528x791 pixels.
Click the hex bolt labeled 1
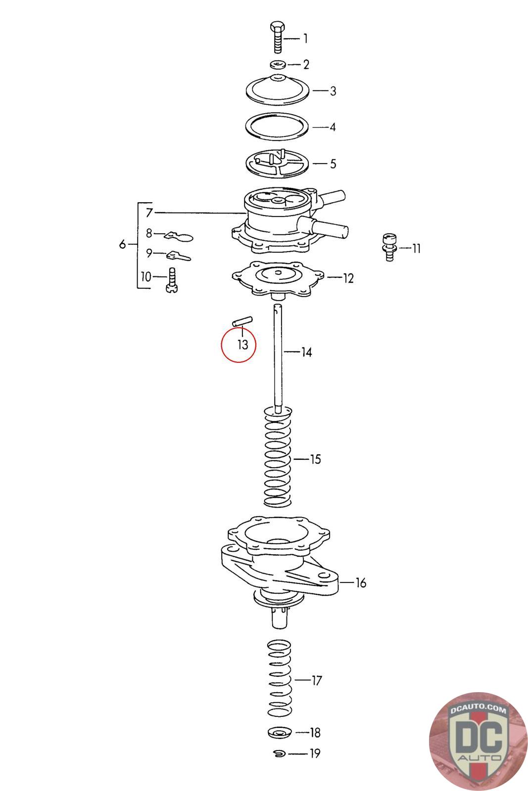[x=278, y=37]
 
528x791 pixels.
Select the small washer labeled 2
[x=278, y=65]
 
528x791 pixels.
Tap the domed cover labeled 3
[x=278, y=89]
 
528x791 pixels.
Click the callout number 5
[x=333, y=164]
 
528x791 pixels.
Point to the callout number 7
[x=149, y=213]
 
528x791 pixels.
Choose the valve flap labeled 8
[x=179, y=236]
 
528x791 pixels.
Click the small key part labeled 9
[x=179, y=255]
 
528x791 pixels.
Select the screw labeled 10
[x=171, y=280]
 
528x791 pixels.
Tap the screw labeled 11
[x=389, y=247]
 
